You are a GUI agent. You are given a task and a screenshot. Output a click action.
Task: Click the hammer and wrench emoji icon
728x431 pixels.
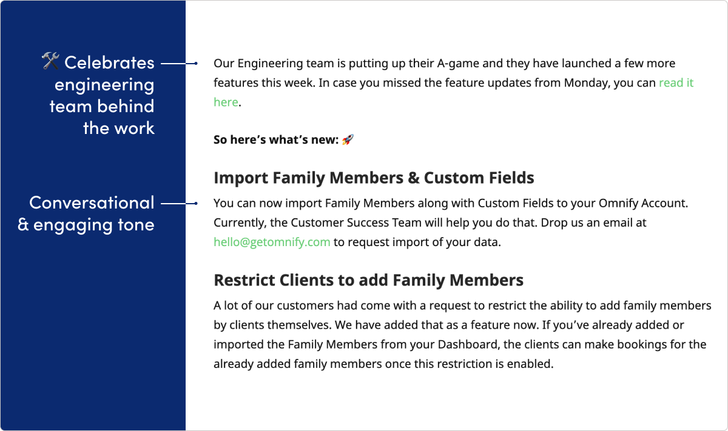point(50,61)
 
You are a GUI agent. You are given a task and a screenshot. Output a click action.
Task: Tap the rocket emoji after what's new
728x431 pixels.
point(348,140)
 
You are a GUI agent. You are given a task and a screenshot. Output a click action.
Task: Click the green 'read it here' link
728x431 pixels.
point(676,83)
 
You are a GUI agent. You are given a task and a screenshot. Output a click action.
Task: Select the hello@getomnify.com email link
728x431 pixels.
point(272,242)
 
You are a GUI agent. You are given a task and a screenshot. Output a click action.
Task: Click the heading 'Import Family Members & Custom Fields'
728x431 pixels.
point(374,178)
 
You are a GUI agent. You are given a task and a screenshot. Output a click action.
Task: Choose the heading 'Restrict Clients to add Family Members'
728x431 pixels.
point(368,280)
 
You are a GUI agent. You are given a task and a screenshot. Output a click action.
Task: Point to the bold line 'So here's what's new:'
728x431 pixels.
point(276,140)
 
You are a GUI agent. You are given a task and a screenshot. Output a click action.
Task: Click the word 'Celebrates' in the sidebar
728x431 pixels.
point(110,62)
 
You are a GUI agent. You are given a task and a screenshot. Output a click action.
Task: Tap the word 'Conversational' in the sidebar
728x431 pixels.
point(92,202)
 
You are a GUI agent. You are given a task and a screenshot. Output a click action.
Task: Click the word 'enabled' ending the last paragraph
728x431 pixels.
point(533,364)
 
